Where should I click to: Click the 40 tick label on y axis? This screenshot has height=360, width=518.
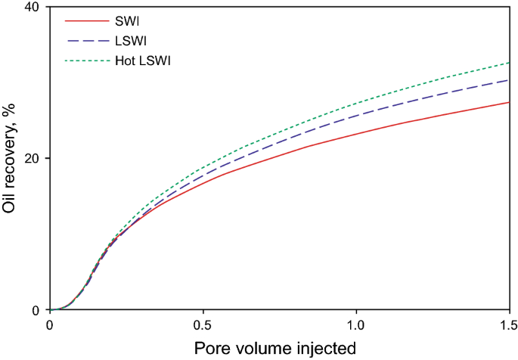pos(31,8)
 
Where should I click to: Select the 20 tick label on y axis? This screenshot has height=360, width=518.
pos(31,159)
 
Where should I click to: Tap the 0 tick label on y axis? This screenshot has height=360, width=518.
pos(36,310)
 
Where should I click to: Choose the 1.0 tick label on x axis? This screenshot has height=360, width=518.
pos(356,326)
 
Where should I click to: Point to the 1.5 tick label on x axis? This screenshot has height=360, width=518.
pos(507,326)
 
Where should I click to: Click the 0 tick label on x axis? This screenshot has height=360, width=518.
pos(50,326)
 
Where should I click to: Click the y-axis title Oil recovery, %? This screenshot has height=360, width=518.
pos(10,159)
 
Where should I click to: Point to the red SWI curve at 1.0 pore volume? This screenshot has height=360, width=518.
pos(356,134)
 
